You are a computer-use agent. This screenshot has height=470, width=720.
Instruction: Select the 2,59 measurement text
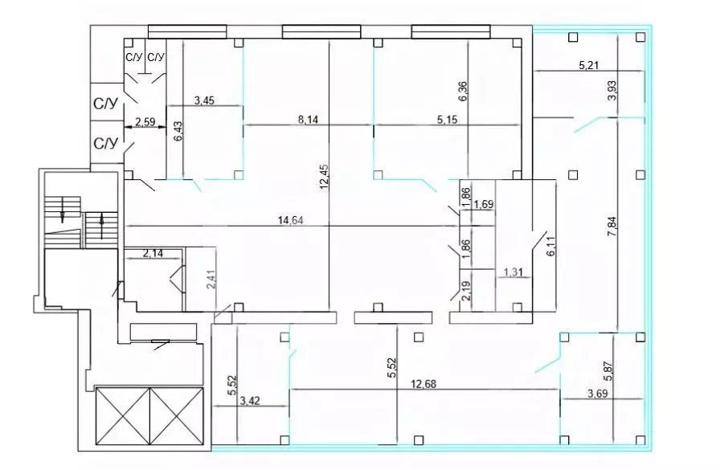[x=145, y=122]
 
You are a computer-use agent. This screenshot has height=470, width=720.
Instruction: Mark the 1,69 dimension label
[x=484, y=204]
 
